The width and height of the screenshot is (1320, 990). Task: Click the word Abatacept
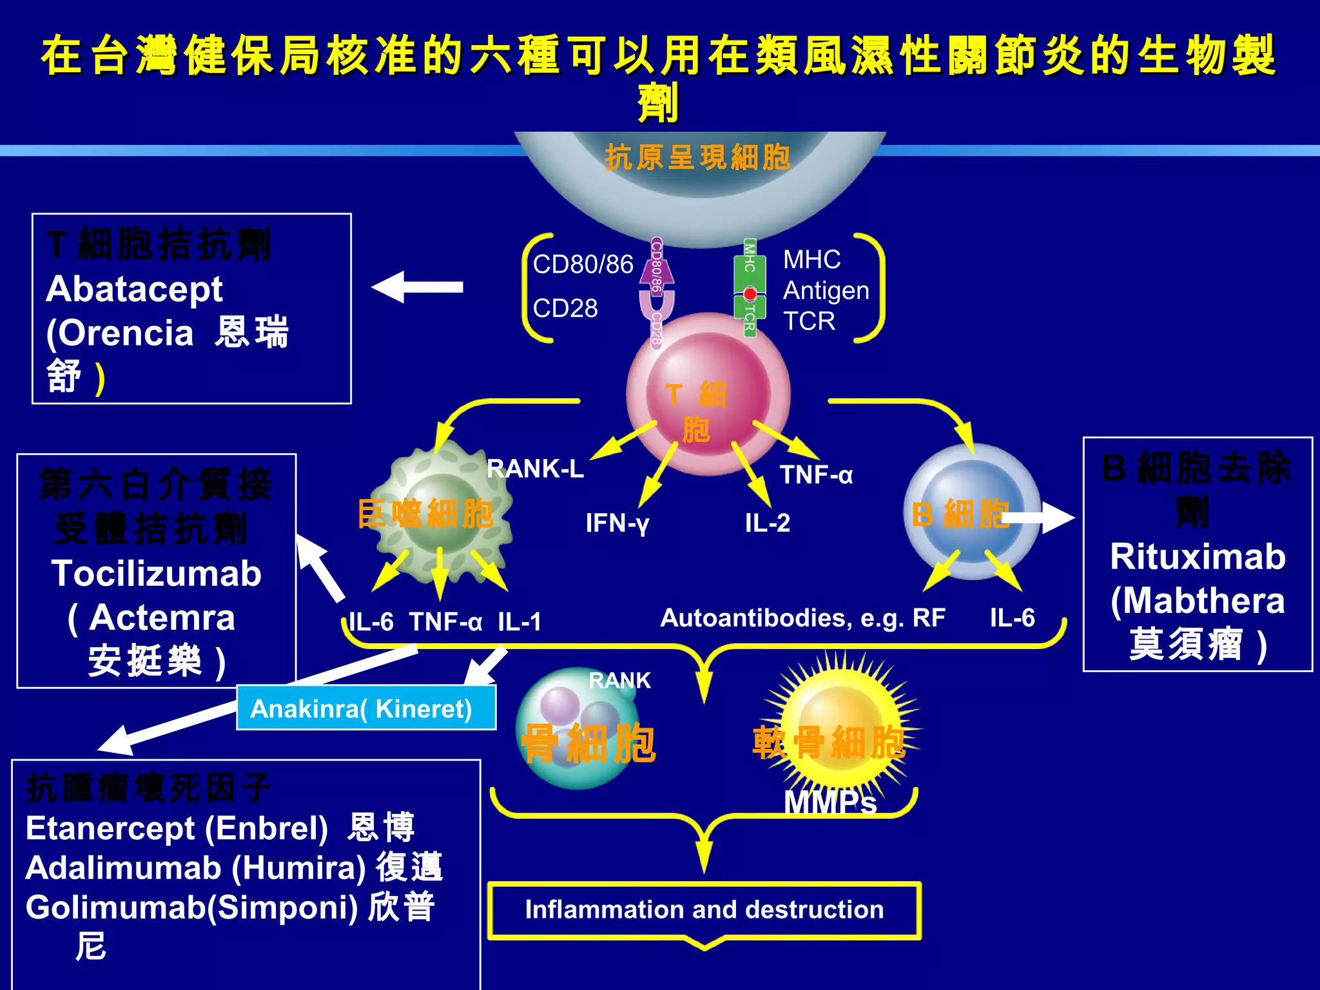[x=134, y=289]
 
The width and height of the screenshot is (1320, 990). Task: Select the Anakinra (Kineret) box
[x=365, y=708]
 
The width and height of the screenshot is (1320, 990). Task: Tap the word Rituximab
[x=1198, y=557]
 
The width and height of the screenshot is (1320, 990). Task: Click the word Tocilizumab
[x=157, y=574]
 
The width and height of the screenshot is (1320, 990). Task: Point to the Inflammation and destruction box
[x=704, y=909]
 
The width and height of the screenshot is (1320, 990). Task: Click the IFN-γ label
[x=617, y=523]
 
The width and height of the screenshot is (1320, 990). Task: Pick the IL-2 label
[x=767, y=523]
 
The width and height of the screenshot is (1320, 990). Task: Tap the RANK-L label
[x=535, y=469]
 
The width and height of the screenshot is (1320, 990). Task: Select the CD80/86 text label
[x=583, y=264]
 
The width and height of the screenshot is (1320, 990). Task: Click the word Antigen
[x=826, y=291]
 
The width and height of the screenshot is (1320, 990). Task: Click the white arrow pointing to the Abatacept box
[x=418, y=287]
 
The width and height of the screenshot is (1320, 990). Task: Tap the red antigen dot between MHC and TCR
[x=750, y=294]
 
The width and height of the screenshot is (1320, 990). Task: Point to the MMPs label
[x=830, y=803]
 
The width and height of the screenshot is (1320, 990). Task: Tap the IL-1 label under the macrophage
[x=519, y=622]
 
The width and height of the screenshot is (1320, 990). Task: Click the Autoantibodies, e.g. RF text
[x=802, y=618]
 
